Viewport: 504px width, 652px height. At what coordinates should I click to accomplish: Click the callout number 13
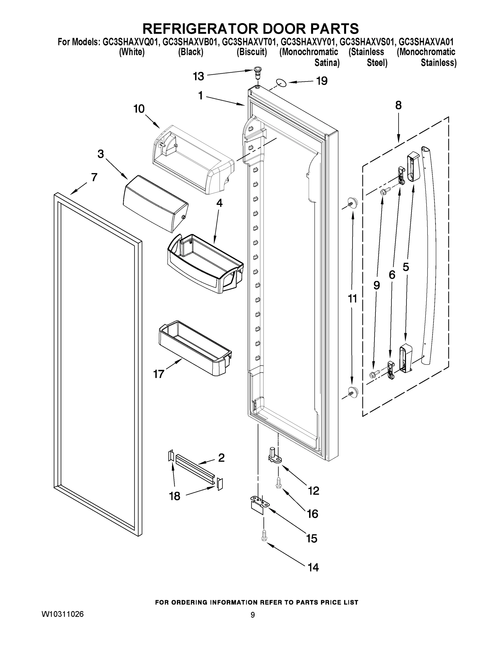(198, 76)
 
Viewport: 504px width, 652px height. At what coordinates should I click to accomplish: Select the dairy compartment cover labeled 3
(155, 203)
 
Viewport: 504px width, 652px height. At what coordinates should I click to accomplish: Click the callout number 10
(139, 109)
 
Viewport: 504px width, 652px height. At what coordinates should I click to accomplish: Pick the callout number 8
(398, 105)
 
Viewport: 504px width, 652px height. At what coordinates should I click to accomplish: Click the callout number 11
(352, 298)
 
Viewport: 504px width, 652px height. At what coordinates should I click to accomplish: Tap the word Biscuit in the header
(252, 52)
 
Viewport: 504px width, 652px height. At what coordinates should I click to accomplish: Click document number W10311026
(62, 614)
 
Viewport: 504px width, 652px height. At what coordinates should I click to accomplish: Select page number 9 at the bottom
(253, 615)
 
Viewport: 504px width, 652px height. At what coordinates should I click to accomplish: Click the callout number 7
(94, 177)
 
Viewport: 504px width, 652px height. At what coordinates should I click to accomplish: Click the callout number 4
(219, 203)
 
